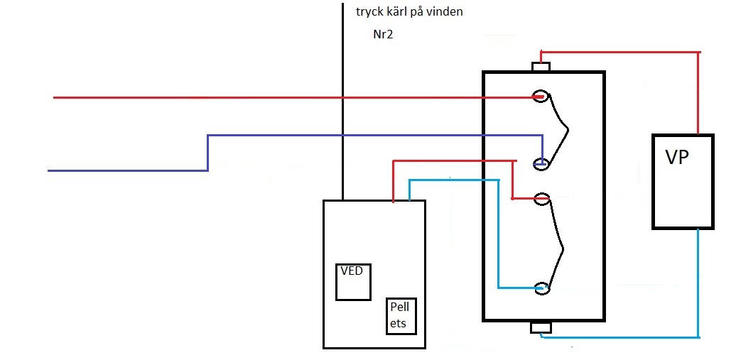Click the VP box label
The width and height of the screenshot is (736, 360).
point(676,158)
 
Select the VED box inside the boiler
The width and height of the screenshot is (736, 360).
point(354,282)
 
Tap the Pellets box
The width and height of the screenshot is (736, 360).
point(402,317)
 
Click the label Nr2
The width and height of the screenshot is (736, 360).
point(384,34)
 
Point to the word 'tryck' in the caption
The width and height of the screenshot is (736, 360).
point(368,12)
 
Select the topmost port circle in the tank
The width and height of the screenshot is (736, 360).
point(541,97)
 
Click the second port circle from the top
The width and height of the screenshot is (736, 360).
point(542,163)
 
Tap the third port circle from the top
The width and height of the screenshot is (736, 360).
point(542,199)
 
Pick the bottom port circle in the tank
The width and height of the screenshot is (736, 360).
point(542,288)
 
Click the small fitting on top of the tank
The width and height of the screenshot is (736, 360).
point(541,67)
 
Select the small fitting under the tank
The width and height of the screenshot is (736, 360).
point(541,327)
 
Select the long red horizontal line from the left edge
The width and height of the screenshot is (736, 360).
point(284,97)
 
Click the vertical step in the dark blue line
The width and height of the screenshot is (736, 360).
point(207,153)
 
